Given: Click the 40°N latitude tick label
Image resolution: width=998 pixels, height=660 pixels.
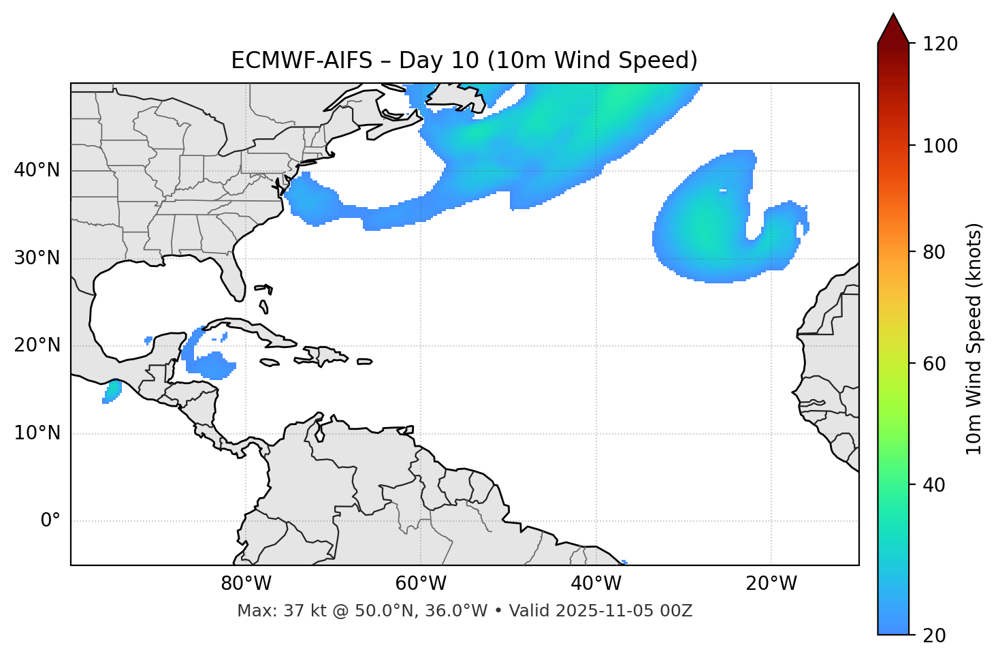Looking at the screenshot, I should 37,170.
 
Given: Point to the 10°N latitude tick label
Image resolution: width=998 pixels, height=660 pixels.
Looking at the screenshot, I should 37,433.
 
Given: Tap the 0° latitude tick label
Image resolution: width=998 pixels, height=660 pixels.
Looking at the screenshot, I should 50,521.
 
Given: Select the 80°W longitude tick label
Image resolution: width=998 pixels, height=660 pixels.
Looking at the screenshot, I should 246,584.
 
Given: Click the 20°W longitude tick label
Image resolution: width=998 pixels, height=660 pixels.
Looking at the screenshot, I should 771,584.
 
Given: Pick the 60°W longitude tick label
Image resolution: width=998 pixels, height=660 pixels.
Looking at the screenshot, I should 421,584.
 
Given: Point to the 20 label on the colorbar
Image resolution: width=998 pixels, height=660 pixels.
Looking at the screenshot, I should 933,635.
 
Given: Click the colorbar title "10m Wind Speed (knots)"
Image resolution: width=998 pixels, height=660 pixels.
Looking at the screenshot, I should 975,339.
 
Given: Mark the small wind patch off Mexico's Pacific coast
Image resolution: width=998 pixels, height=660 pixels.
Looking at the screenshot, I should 112,392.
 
